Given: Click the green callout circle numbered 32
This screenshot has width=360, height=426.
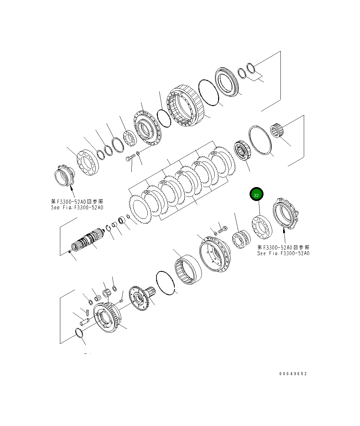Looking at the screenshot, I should point(256,195).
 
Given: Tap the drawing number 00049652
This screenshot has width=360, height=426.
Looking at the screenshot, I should point(293,374).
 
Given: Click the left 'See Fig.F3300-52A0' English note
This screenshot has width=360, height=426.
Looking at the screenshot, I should point(77,207).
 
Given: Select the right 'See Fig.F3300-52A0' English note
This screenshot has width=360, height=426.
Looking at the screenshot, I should point(283,253).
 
